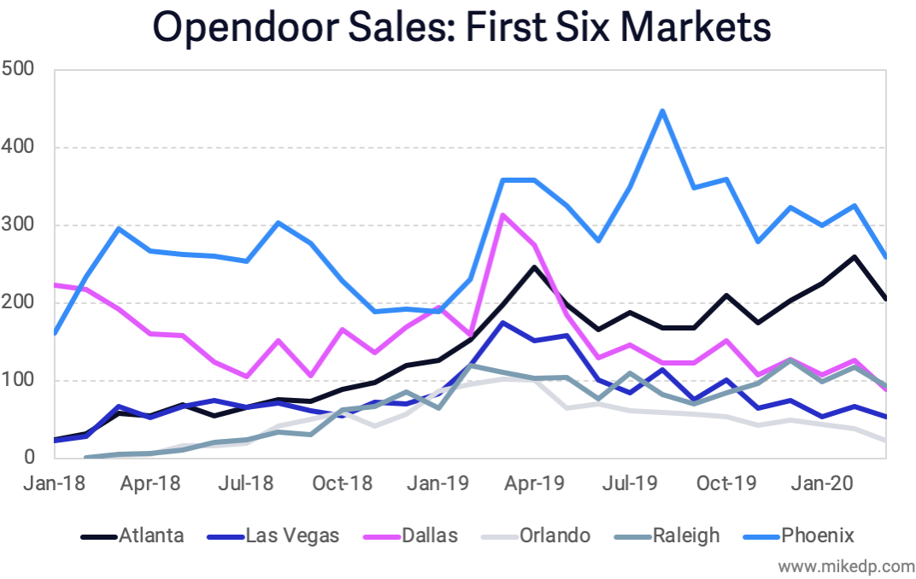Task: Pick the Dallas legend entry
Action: [415, 536]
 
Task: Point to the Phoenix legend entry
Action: [803, 536]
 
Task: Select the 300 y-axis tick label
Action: [19, 225]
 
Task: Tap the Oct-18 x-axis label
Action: [343, 483]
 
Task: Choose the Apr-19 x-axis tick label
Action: [535, 483]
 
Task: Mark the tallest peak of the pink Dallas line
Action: [503, 215]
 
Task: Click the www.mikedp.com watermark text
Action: [845, 565]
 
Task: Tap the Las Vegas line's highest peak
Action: [503, 323]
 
